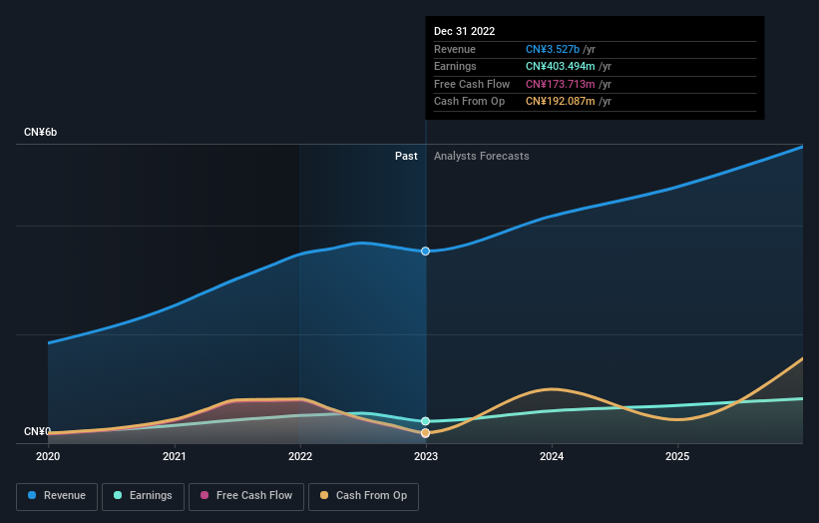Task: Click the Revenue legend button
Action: pos(58,495)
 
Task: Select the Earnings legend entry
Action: pos(142,495)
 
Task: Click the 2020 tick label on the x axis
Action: pos(48,456)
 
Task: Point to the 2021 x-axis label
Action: pos(175,456)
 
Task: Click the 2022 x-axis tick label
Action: pos(300,456)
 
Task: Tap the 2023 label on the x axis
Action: pos(426,456)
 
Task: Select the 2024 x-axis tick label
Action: pos(552,456)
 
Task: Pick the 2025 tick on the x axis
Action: pos(677,456)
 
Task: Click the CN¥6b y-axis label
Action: pos(41,133)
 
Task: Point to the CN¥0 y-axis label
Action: pos(38,431)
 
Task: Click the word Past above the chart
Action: pos(406,156)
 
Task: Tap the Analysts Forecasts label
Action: pos(481,156)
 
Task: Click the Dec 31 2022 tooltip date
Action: pos(464,32)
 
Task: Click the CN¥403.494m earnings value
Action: pos(566,67)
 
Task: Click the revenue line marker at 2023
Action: pos(426,251)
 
